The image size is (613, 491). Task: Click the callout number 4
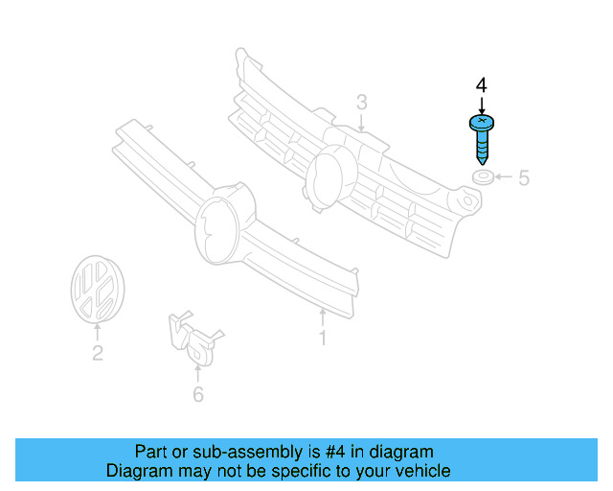click(481, 85)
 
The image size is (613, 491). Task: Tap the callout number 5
click(524, 177)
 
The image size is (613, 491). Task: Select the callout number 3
click(362, 102)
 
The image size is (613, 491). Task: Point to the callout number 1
click(323, 339)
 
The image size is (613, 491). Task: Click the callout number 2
click(97, 354)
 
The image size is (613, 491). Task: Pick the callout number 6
click(198, 394)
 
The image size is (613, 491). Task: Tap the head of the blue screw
click(481, 123)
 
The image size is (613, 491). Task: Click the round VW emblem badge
click(97, 289)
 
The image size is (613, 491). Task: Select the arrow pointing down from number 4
click(481, 105)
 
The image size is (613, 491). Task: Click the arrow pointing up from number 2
click(97, 333)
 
